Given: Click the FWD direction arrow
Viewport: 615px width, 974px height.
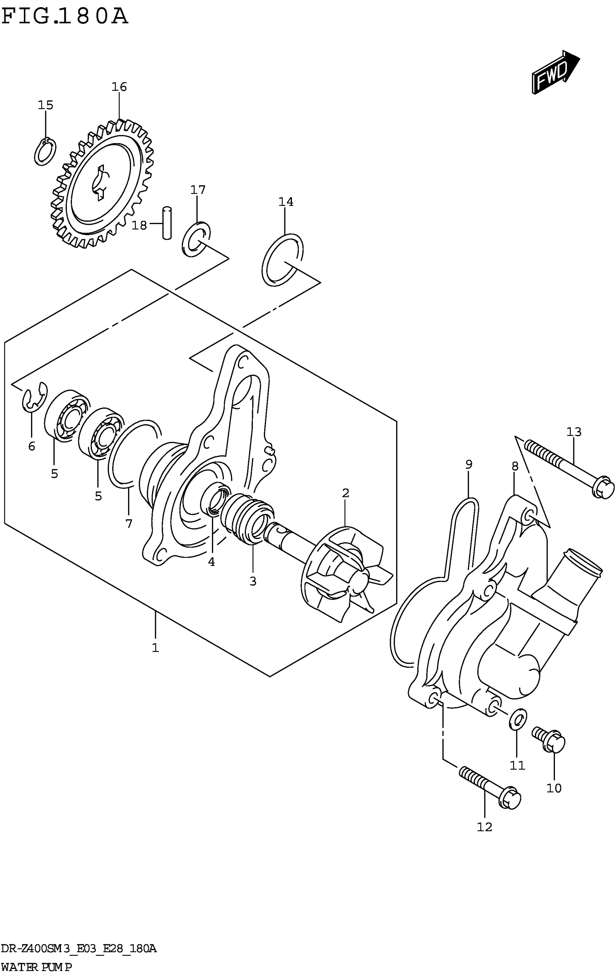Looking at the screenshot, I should coord(554,72).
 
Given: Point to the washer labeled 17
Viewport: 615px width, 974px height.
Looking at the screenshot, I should coord(196,239).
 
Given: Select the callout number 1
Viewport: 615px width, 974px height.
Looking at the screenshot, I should coord(155,648).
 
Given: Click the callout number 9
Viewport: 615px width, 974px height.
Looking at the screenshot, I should coord(468,464).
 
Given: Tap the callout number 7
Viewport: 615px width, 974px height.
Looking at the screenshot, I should coord(128,524).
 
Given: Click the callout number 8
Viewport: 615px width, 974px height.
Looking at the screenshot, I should coord(515,467).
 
